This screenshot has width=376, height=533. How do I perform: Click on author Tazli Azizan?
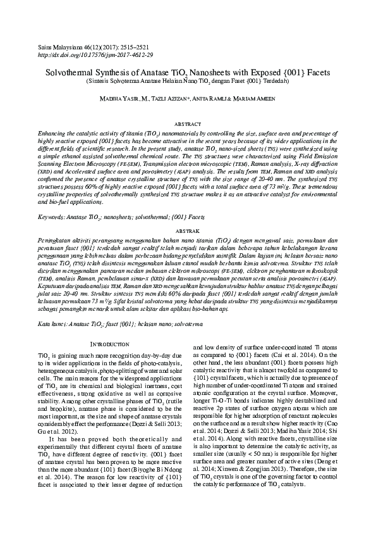(170, 100)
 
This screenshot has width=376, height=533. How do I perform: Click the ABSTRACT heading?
(187, 124)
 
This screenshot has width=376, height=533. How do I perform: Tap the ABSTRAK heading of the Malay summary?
(187, 232)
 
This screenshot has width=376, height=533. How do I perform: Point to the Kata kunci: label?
(52, 323)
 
